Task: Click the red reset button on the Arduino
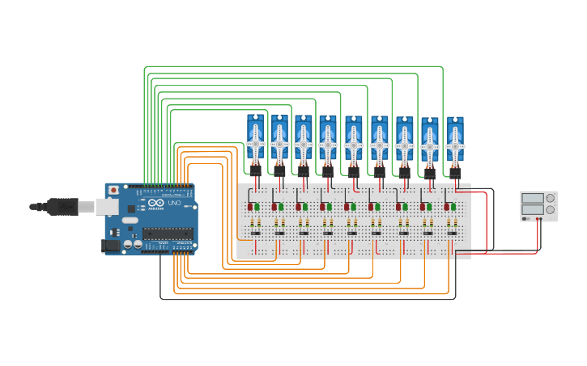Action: coord(113,190)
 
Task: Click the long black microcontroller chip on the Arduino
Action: coord(168,233)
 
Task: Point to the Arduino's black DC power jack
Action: coord(111,245)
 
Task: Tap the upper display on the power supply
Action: coord(532,198)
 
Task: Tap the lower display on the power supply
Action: coord(532,210)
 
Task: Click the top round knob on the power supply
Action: coord(551,198)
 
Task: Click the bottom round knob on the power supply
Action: coord(551,211)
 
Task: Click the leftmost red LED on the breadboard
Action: coord(249,207)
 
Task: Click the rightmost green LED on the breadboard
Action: coord(456,207)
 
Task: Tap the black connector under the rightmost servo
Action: coord(455,173)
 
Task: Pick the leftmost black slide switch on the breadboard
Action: coord(254,233)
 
